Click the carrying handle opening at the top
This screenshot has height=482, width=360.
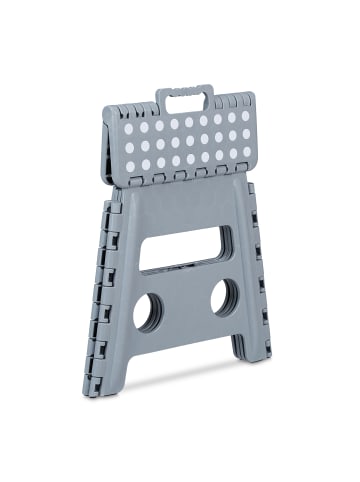point(184,101)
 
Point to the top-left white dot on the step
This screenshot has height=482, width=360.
point(128,129)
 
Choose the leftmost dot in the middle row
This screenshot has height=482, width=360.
point(128,148)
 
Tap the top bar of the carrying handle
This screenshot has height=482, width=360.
point(182,91)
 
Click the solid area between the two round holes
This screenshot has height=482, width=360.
point(187,305)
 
